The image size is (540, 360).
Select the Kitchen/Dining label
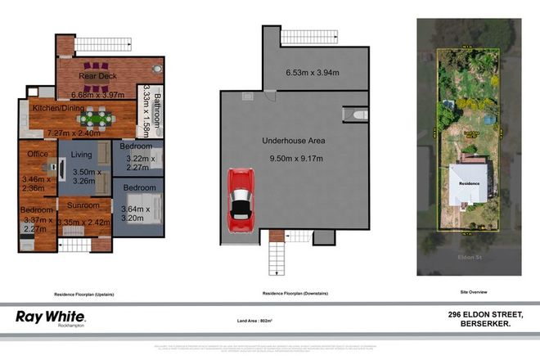coord(54,107)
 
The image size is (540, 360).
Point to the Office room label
coord(38,154)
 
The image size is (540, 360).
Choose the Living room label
coord(82,154)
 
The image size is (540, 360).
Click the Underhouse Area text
coord(293,141)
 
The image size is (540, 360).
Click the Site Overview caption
coord(469,292)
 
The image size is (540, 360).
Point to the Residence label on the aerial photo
coord(468,184)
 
